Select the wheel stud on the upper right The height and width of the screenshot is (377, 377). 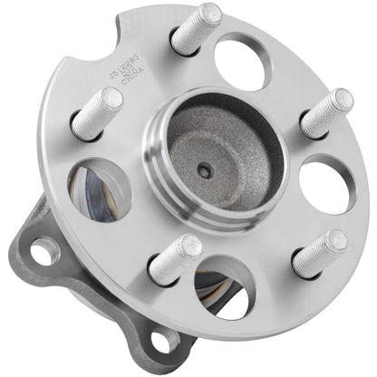[x=326, y=112]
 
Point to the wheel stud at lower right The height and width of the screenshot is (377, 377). [x=319, y=254]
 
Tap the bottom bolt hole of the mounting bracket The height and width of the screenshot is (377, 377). [x=165, y=339]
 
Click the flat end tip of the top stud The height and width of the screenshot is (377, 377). [x=209, y=14]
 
